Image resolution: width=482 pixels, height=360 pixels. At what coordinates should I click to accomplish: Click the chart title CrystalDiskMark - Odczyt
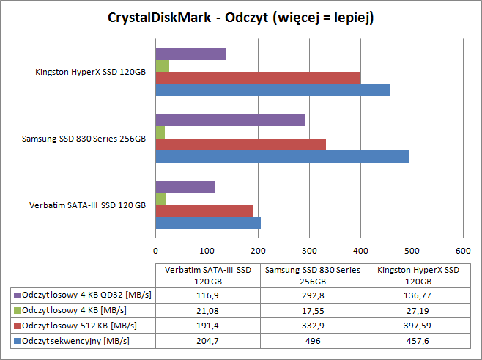point(241,18)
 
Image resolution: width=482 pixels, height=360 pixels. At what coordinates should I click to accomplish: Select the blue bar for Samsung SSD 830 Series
point(282,156)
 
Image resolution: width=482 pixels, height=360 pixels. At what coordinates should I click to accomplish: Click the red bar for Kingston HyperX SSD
point(257,78)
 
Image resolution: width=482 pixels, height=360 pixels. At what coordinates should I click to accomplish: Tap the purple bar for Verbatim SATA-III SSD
point(185,187)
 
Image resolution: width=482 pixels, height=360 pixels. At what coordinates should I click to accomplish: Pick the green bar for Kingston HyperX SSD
point(162,66)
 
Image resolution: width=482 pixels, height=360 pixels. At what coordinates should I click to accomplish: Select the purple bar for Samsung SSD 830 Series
point(230,120)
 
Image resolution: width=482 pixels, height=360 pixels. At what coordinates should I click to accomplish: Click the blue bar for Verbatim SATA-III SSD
point(208,223)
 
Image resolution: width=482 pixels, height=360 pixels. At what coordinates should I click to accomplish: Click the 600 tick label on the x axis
point(462,249)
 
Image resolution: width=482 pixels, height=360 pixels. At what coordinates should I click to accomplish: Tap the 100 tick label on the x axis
point(207,249)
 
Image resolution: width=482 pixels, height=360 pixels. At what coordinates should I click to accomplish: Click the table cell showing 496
point(311,341)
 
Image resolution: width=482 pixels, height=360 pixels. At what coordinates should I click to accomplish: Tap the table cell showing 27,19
point(414,309)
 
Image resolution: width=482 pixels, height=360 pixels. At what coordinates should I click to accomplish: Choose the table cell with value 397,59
point(414,325)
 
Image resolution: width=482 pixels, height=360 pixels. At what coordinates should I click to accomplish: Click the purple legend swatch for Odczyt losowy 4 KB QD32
point(17,294)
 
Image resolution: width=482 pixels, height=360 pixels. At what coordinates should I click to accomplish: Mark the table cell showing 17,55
point(311,309)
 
